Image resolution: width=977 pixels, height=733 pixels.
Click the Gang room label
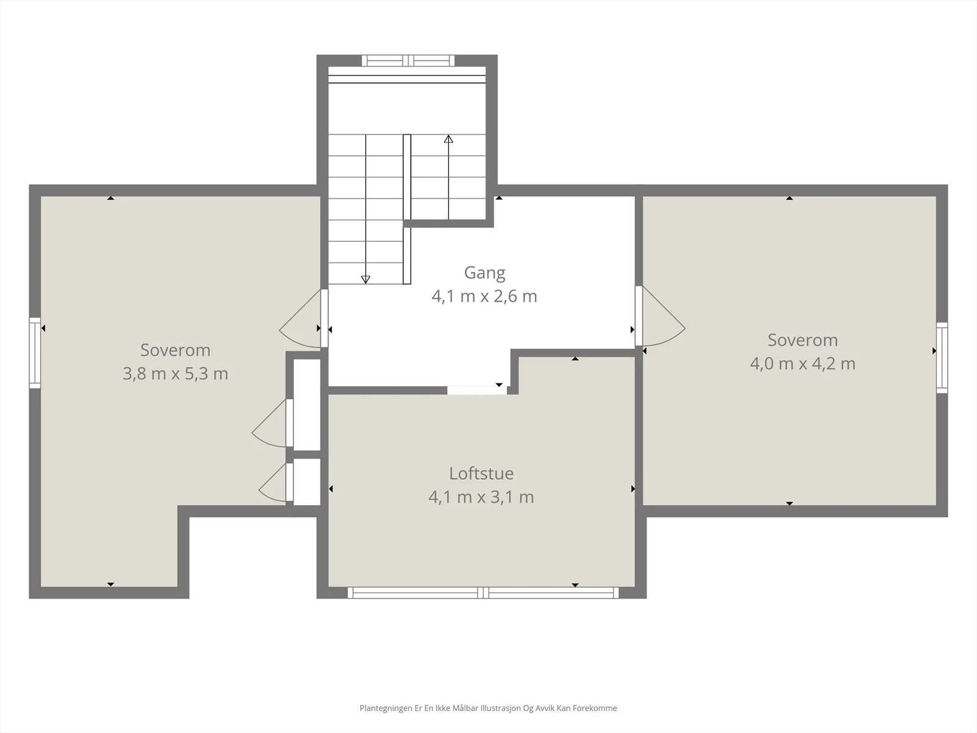click(484, 273)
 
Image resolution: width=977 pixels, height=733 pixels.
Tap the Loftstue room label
click(481, 473)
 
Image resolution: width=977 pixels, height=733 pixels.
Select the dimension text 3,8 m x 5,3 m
click(175, 373)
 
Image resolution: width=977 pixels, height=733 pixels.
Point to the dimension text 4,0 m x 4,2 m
click(802, 363)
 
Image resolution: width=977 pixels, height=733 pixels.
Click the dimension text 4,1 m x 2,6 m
click(484, 296)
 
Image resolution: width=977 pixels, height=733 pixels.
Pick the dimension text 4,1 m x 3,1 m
click(481, 497)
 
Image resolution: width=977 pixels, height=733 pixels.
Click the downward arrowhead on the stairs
click(365, 280)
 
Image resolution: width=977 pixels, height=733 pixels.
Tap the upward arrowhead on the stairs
click(448, 139)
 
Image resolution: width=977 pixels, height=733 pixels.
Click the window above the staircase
click(408, 60)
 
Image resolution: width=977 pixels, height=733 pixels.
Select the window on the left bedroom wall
click(35, 352)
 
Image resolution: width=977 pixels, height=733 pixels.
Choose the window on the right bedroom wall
click(942, 358)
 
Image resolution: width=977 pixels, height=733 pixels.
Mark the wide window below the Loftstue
click(483, 593)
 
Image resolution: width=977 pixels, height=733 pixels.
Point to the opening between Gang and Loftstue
click(477, 390)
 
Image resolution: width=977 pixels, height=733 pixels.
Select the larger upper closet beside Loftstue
click(307, 404)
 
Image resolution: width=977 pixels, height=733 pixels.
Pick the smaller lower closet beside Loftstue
click(307, 482)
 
